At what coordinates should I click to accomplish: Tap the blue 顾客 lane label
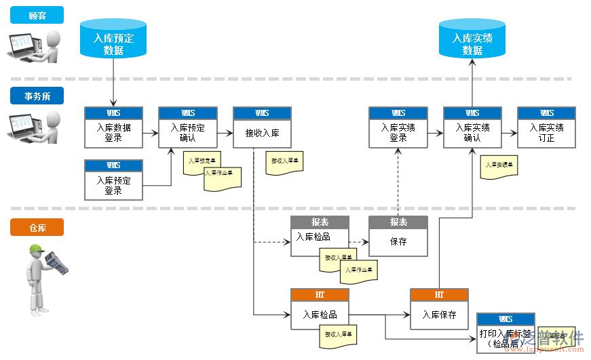click(x=37, y=15)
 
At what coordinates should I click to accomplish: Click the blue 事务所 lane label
click(x=37, y=96)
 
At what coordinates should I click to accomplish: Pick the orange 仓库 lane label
click(x=37, y=228)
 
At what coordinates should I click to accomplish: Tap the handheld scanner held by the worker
click(x=56, y=262)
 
